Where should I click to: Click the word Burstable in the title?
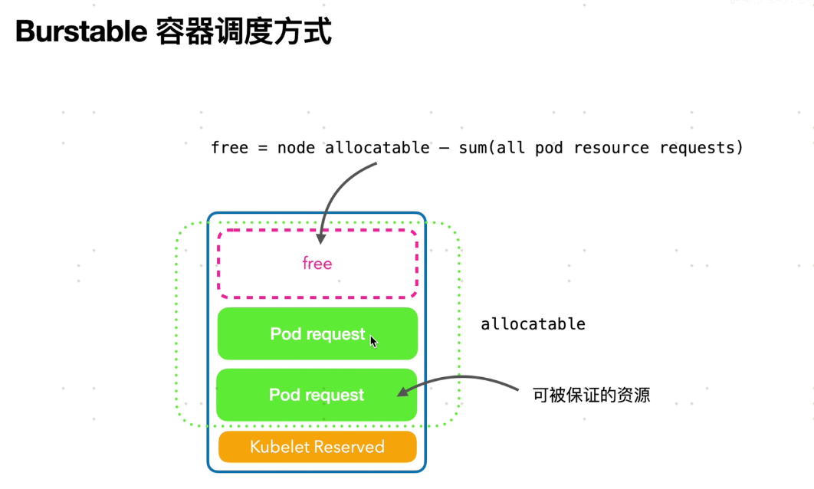[80, 32]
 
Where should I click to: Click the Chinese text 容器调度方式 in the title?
[244, 32]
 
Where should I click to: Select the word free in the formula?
[229, 147]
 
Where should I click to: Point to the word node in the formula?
[296, 147]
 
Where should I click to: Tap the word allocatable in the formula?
[377, 147]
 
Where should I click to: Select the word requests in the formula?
[700, 147]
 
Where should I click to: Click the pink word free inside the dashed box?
[317, 264]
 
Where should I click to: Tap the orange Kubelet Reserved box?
[317, 447]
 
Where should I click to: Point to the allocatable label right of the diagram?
[533, 324]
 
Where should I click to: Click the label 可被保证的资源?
[591, 395]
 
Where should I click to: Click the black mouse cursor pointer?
[373, 341]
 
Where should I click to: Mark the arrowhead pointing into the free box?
[321, 237]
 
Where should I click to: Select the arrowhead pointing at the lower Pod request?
[402, 392]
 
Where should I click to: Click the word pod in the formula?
[549, 147]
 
